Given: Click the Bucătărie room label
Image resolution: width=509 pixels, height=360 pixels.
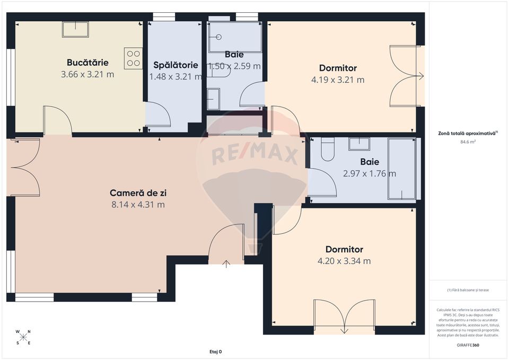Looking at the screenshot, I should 87,62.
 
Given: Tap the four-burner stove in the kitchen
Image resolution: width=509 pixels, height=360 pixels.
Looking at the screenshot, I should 133,58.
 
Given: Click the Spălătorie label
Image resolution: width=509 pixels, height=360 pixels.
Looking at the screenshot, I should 175,65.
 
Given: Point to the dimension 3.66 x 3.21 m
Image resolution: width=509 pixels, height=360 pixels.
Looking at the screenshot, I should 87,74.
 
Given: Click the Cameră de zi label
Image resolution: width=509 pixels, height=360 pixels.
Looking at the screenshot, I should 137,192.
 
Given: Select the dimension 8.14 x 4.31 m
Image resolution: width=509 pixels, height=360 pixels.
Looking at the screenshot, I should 137,205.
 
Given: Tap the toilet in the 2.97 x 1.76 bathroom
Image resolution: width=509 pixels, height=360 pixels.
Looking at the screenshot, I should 327,149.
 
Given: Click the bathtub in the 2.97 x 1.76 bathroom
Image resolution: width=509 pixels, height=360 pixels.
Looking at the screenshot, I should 401,169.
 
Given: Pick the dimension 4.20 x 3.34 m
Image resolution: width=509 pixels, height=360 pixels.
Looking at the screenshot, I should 344,261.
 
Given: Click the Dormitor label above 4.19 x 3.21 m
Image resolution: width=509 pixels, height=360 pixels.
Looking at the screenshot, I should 338,68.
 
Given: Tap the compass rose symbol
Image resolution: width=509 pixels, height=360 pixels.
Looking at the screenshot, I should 23,337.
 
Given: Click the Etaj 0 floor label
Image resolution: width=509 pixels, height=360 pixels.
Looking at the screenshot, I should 216,352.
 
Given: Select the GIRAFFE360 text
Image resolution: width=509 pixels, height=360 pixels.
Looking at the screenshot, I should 468,345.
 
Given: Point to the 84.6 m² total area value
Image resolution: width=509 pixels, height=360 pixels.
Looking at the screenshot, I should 468,142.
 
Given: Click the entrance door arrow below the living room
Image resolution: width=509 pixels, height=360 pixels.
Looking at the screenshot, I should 227,264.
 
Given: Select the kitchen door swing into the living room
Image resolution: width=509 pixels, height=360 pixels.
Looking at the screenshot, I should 57,121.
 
